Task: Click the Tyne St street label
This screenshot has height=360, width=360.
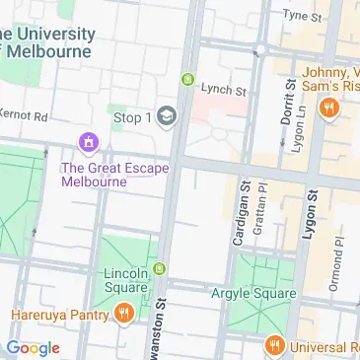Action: (x=302, y=17)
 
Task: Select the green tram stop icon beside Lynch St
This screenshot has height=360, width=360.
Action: (x=187, y=80)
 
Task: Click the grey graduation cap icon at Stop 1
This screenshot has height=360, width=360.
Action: (x=166, y=116)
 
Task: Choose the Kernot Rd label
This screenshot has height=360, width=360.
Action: (x=23, y=116)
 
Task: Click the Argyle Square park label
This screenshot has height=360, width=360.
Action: (x=252, y=294)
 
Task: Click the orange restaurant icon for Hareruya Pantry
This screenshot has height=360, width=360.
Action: (x=124, y=315)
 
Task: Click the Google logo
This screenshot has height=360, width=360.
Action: (x=33, y=347)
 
